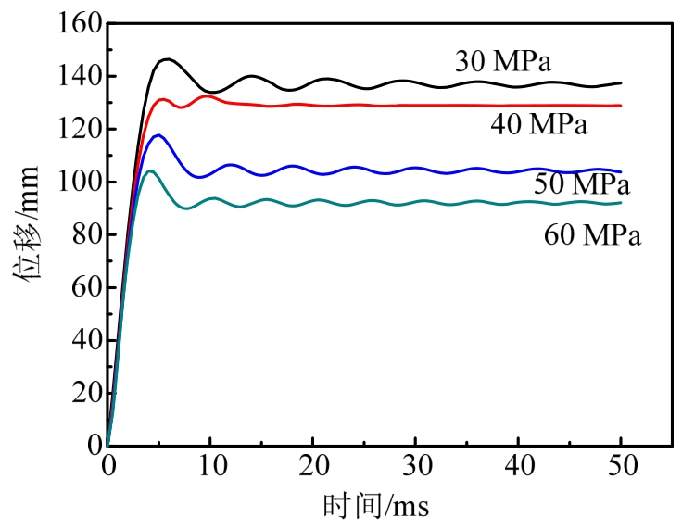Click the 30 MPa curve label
(503, 62)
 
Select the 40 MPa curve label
(539, 125)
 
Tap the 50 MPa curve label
(581, 183)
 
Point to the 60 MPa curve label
(593, 235)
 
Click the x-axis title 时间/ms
(375, 507)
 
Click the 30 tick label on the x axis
(416, 468)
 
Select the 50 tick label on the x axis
(621, 468)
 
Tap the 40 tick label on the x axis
(519, 468)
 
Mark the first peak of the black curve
(167, 59)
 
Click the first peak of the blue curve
(158, 135)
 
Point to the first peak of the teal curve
(150, 170)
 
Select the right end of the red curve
(621, 106)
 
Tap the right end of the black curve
(621, 83)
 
